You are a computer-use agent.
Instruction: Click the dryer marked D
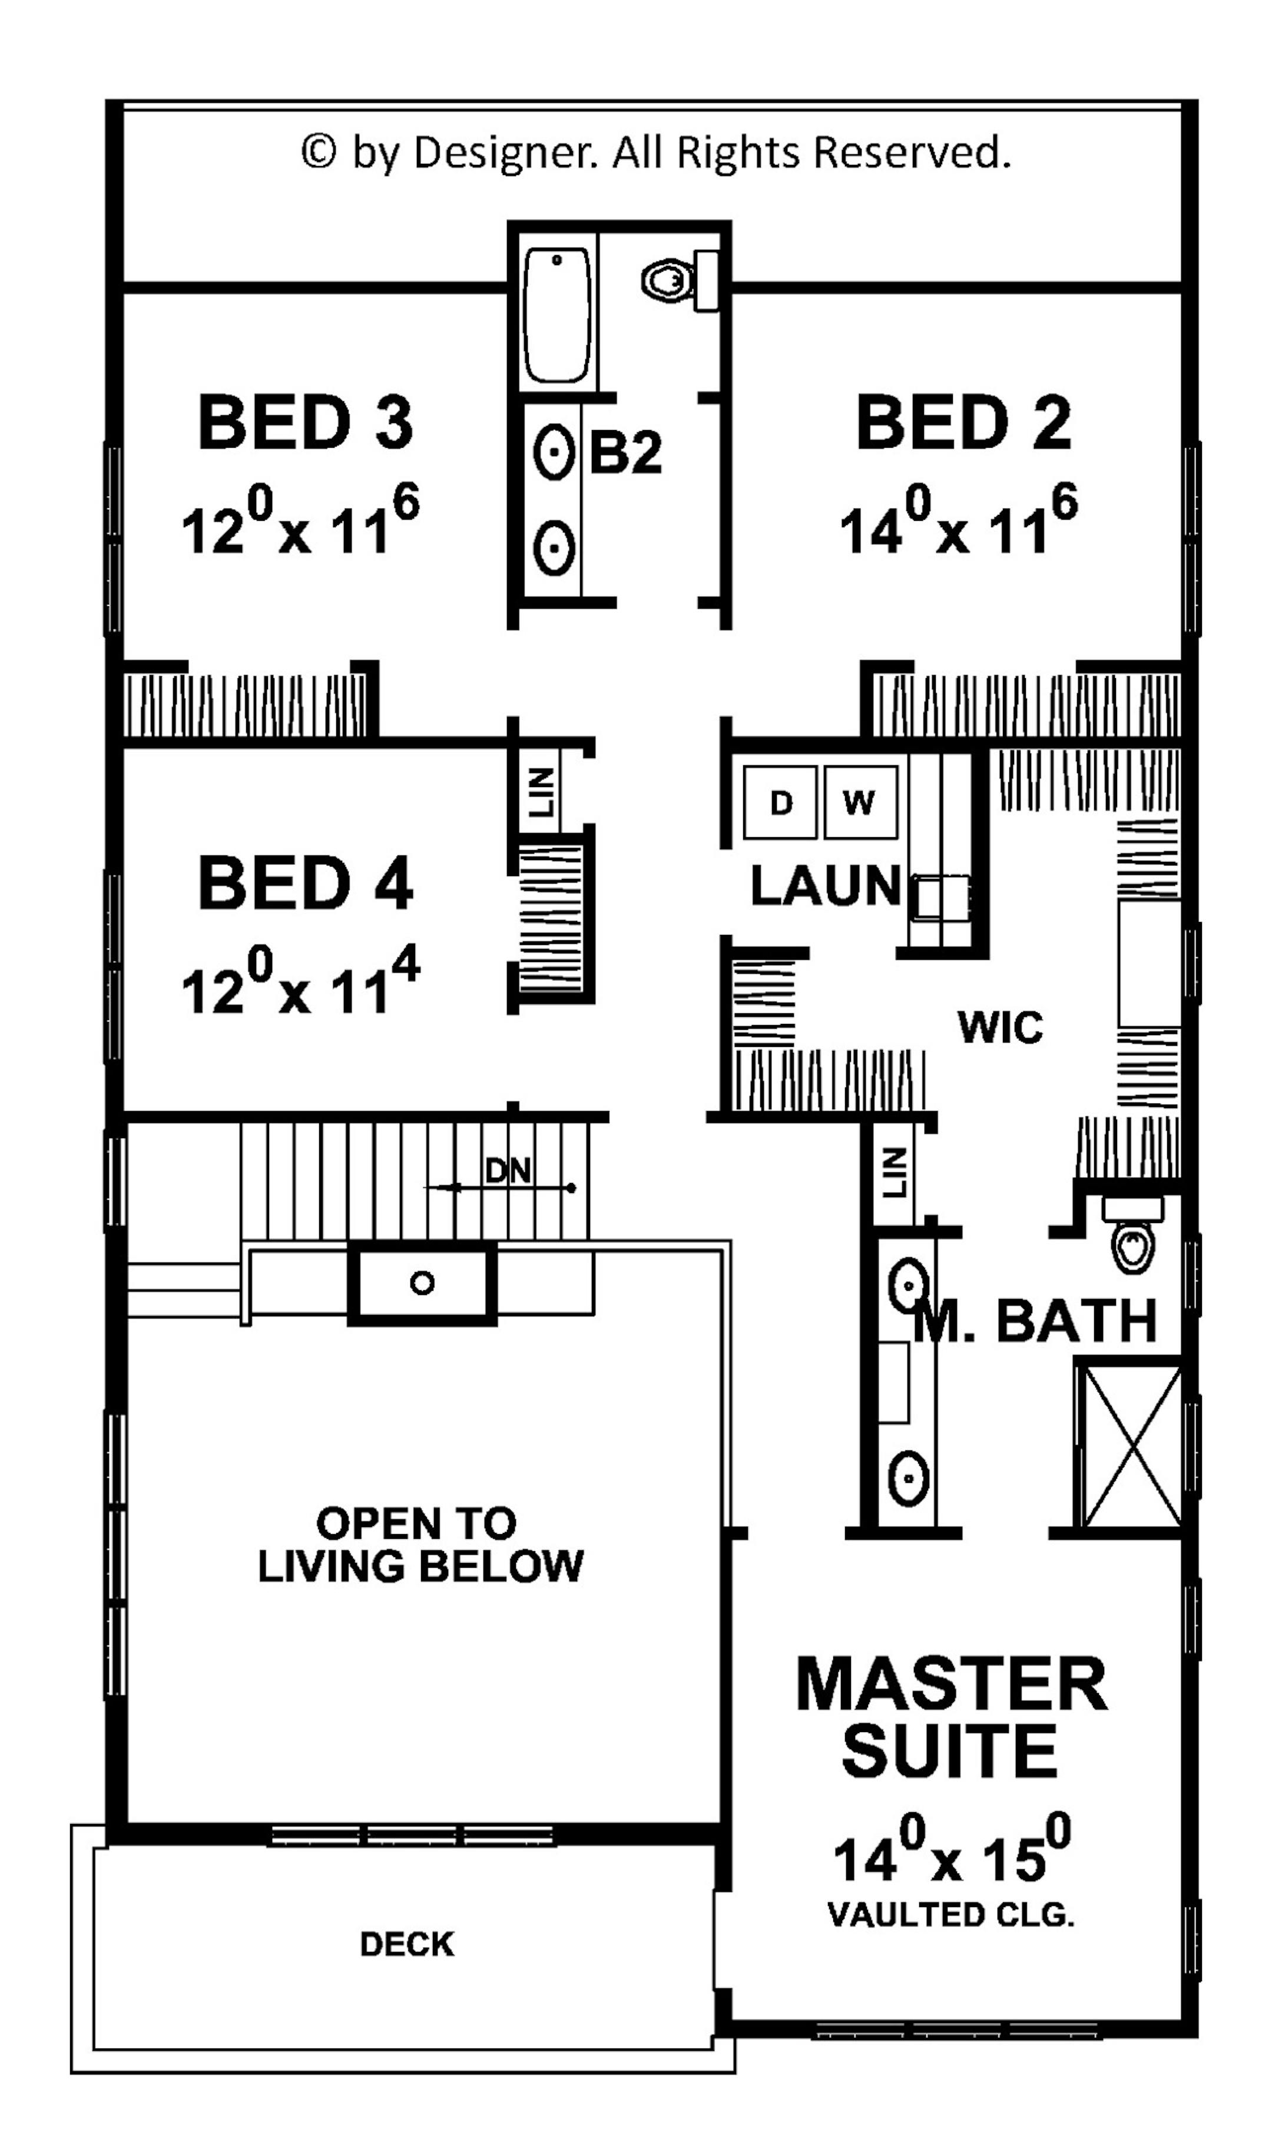pyautogui.click(x=781, y=802)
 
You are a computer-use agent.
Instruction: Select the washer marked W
pyautogui.click(x=860, y=802)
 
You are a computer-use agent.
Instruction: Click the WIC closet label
pyautogui.click(x=1001, y=1026)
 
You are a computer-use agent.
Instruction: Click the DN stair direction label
pyautogui.click(x=508, y=1171)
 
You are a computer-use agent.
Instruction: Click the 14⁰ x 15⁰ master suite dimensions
pyautogui.click(x=950, y=1858)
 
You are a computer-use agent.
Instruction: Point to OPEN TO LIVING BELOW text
pyautogui.click(x=420, y=1544)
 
